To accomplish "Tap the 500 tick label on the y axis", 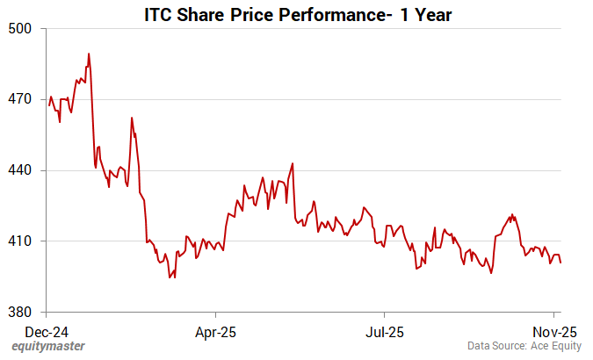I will point(20,28).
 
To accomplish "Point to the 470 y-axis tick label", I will point(20,99).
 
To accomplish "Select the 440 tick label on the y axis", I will point(20,170).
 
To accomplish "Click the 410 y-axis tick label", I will point(20,241).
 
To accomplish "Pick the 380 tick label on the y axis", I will point(20,313).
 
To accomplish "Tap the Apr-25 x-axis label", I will point(215,333).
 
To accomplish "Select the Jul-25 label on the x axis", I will point(384,333).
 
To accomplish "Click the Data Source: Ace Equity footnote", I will point(523,347).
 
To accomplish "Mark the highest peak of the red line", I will point(89,54).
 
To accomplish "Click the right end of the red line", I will point(560,263).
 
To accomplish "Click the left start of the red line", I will point(49,104).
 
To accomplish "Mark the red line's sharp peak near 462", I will point(132,118).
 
